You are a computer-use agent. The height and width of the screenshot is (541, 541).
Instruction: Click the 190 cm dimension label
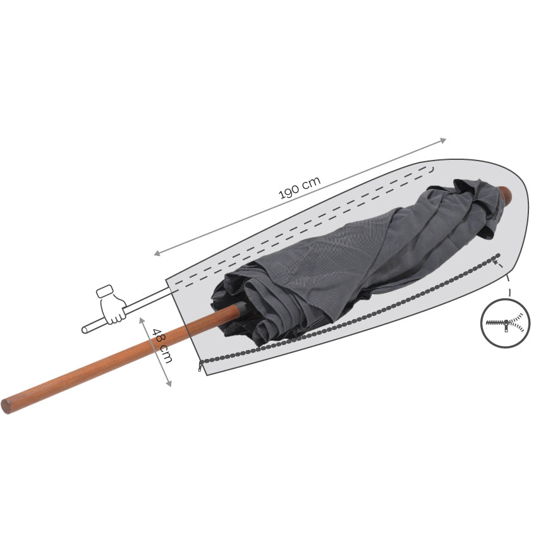tap(300, 188)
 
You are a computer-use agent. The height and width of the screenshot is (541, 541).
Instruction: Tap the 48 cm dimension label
tap(162, 346)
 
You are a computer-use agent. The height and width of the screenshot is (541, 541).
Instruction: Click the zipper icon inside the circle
tap(506, 323)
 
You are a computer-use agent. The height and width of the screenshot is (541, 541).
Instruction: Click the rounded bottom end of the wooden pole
tap(6, 406)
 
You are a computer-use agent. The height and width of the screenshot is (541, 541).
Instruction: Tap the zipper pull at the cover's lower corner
tap(200, 367)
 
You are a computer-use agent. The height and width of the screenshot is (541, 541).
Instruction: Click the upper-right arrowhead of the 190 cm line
tap(443, 140)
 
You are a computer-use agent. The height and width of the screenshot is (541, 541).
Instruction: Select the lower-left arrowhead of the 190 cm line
tap(157, 253)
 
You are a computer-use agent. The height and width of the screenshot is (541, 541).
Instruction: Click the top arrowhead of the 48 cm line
tap(142, 320)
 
